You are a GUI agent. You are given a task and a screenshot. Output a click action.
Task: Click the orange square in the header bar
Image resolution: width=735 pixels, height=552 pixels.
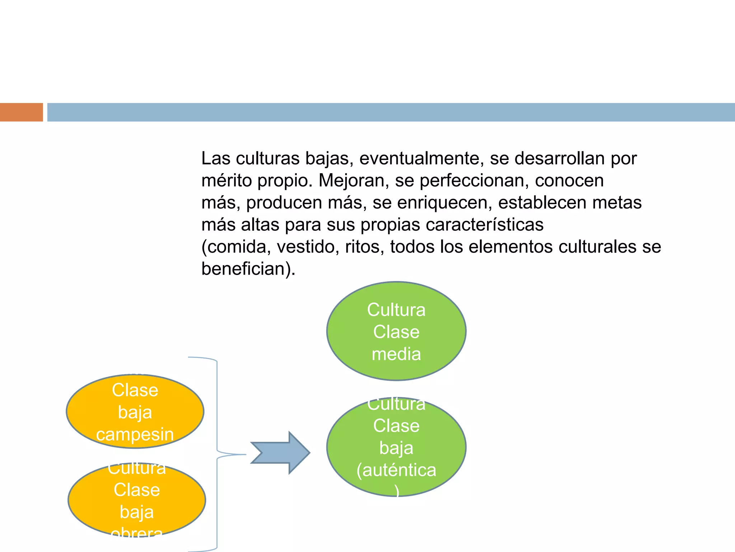pyautogui.click(x=21, y=112)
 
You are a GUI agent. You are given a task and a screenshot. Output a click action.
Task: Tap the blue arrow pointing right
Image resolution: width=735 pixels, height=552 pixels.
pyautogui.click(x=280, y=453)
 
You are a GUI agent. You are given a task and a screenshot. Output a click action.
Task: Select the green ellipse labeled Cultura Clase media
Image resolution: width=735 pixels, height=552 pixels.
pyautogui.click(x=396, y=331)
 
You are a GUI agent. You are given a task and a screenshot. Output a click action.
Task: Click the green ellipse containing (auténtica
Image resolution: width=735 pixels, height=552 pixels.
pyautogui.click(x=396, y=447)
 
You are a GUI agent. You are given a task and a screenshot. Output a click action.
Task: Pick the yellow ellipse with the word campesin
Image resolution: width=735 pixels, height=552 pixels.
pyautogui.click(x=135, y=411)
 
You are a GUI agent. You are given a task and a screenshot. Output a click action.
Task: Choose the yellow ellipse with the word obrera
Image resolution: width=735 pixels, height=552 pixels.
pyautogui.click(x=137, y=500)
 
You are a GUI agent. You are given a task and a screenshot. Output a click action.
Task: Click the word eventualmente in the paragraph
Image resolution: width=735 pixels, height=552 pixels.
pyautogui.click(x=419, y=158)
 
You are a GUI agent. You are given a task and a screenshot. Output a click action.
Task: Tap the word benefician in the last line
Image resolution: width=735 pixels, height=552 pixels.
pyautogui.click(x=246, y=269)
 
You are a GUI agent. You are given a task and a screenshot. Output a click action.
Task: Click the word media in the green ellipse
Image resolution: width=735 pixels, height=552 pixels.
pyautogui.click(x=396, y=354)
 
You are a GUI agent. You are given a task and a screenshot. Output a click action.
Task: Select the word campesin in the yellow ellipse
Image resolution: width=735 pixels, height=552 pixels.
pyautogui.click(x=135, y=434)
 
